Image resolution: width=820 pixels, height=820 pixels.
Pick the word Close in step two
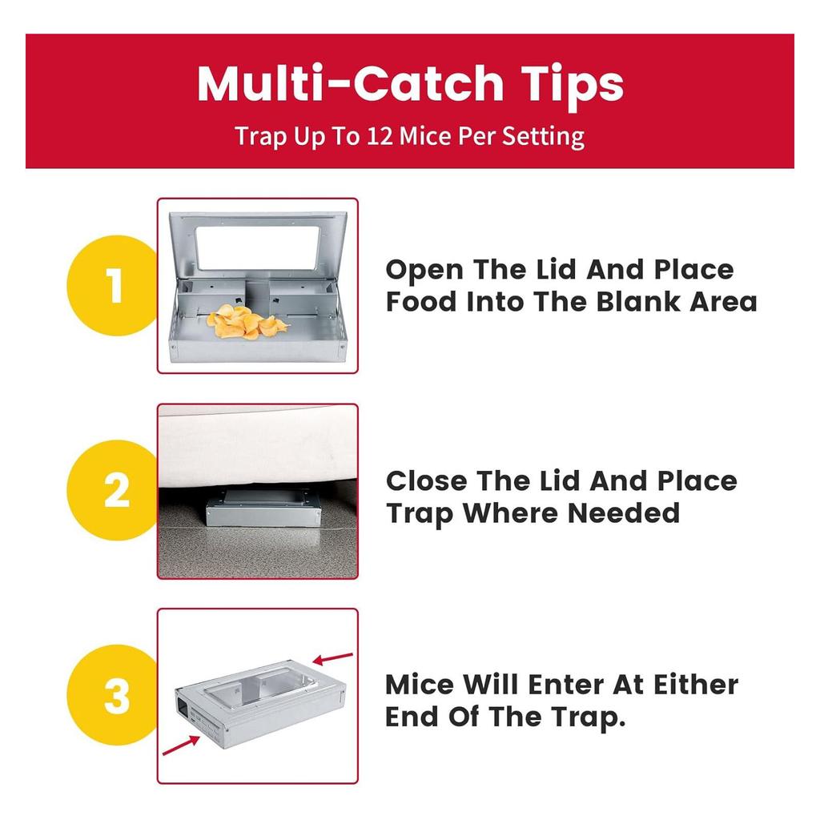pos(425,480)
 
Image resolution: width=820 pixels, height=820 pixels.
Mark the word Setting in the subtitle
pos(543,136)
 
